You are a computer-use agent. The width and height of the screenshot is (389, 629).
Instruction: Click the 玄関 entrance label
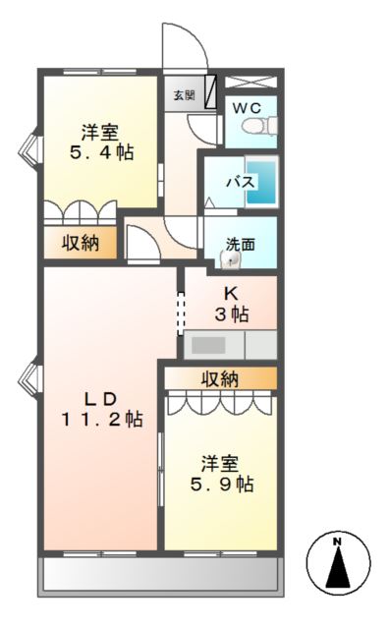click(x=184, y=95)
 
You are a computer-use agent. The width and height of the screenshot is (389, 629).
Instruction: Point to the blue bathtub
click(x=260, y=182)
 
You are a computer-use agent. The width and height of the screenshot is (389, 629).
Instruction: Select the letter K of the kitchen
click(x=232, y=293)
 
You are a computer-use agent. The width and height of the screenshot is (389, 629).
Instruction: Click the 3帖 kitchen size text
click(x=232, y=314)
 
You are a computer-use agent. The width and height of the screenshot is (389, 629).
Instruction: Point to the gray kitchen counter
click(x=229, y=345)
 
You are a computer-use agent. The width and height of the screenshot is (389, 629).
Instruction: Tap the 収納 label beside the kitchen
click(x=220, y=378)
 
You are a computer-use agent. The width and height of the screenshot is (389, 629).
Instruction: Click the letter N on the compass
click(x=336, y=542)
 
